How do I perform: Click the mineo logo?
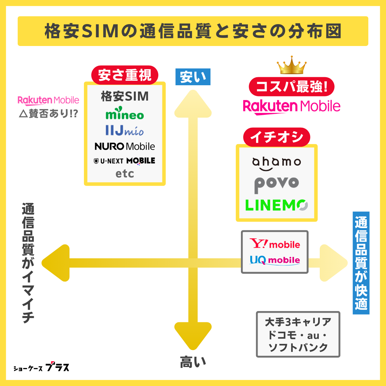[x=125, y=115]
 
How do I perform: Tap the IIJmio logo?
[x=124, y=131]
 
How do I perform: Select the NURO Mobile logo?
[x=125, y=146]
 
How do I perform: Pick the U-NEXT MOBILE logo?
[x=124, y=161]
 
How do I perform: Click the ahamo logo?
[x=277, y=163]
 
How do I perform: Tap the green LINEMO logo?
[x=277, y=205]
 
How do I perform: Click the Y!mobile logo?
[x=275, y=244]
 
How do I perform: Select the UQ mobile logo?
[x=275, y=260]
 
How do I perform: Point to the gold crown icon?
[x=292, y=65]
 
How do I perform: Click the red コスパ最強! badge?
[x=291, y=87]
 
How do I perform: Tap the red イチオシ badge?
[x=277, y=137]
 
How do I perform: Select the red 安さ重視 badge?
[x=125, y=75]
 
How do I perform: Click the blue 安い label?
[x=193, y=77]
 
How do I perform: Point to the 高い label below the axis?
[x=193, y=362]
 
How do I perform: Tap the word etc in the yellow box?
[x=125, y=174]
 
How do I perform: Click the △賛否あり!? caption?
[x=48, y=114]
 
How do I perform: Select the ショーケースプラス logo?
[x=41, y=367]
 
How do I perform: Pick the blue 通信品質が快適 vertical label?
[x=361, y=263]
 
